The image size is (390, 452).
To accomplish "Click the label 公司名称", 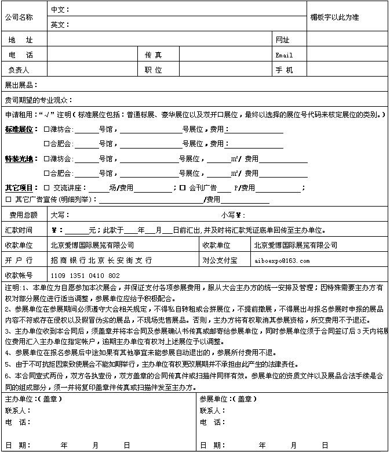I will pos(19,17).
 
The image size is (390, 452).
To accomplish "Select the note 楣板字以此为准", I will pos(334,17).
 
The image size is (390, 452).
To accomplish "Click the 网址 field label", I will pos(282,40).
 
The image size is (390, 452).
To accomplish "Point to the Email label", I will pos(284,55).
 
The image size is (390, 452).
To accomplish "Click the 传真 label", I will pos(154,55).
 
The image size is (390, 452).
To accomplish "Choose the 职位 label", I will pos(154,70).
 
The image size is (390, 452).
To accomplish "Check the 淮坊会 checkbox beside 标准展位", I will pos(46,129).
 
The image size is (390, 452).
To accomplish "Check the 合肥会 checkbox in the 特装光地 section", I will pos(46,173).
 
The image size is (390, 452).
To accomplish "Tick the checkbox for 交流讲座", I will pos(48,188).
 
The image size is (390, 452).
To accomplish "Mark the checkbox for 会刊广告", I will pos(182,188).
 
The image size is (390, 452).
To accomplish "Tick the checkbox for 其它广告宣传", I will pos(8,200).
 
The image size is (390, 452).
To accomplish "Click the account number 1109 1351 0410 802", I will pos(85,276).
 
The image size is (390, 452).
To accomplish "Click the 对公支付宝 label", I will pos(220,261).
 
